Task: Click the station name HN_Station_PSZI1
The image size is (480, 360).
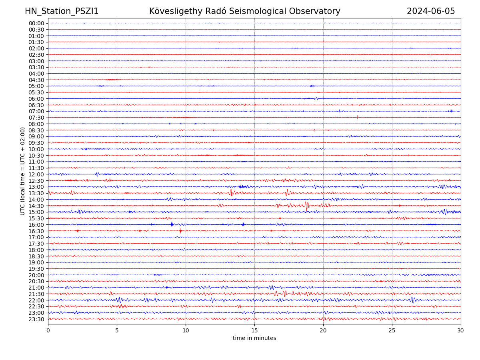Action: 62,11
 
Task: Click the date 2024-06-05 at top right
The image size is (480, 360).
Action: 431,11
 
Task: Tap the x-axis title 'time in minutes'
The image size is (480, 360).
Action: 254,338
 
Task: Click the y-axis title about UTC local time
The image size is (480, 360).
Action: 23,171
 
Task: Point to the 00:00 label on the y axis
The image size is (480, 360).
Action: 36,23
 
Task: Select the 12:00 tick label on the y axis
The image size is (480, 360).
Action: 36,174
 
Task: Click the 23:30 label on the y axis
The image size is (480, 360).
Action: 36,319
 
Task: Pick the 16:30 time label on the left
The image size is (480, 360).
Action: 36,231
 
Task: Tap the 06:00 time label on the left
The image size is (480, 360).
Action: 36,99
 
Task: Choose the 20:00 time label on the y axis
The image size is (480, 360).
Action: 36,275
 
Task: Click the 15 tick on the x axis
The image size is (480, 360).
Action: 254,331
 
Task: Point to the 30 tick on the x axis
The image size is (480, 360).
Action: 461,331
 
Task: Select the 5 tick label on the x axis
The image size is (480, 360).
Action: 117,331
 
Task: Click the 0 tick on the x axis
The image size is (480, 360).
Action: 48,331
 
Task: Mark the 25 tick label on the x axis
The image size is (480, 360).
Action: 392,331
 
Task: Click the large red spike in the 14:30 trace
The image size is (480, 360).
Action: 306,206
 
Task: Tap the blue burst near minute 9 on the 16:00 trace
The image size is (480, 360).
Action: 172,224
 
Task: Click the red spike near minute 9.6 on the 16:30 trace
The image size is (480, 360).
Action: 180,231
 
